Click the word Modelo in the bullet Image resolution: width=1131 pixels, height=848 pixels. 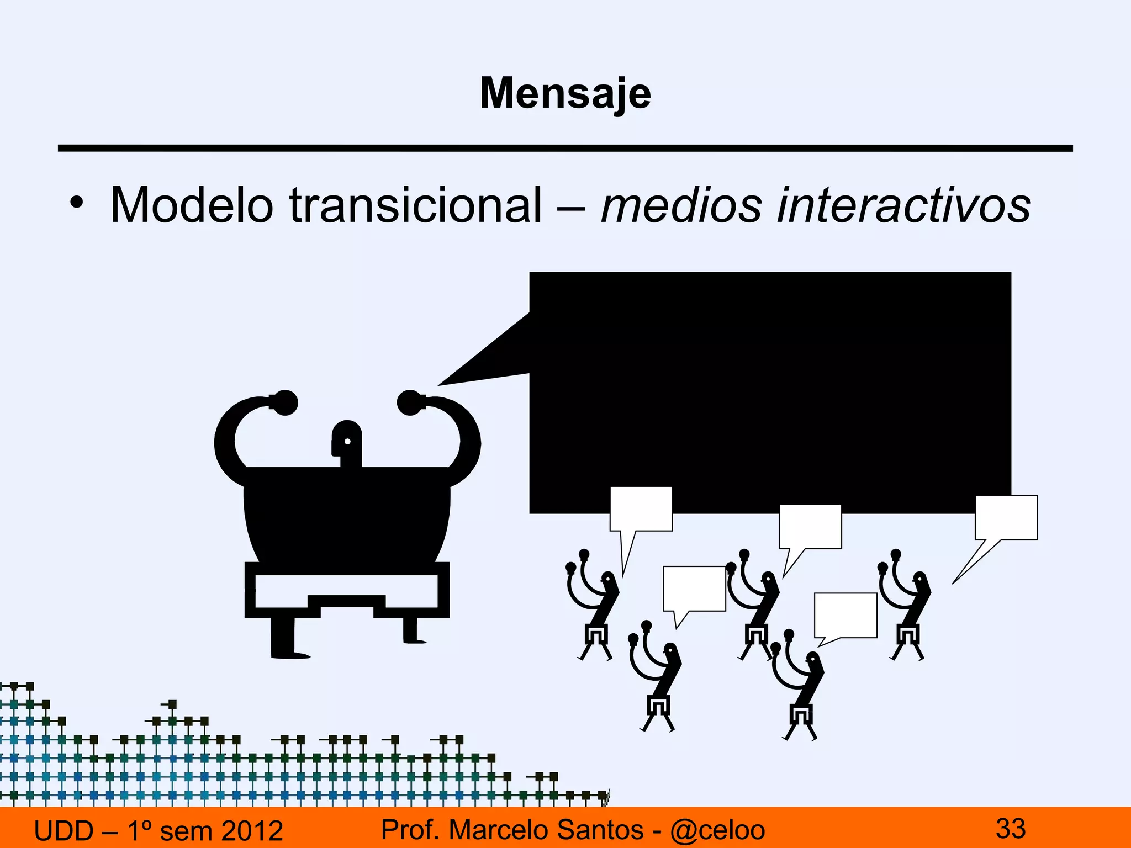192,205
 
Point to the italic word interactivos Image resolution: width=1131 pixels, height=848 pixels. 903,205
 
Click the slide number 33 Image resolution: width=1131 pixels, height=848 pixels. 1010,829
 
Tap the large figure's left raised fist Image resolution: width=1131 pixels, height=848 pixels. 285,402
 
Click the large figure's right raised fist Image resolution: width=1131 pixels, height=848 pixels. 410,402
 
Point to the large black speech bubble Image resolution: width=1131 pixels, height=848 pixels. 770,392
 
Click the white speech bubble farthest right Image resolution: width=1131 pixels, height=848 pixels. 1006,517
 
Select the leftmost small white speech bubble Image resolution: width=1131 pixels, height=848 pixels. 641,508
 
